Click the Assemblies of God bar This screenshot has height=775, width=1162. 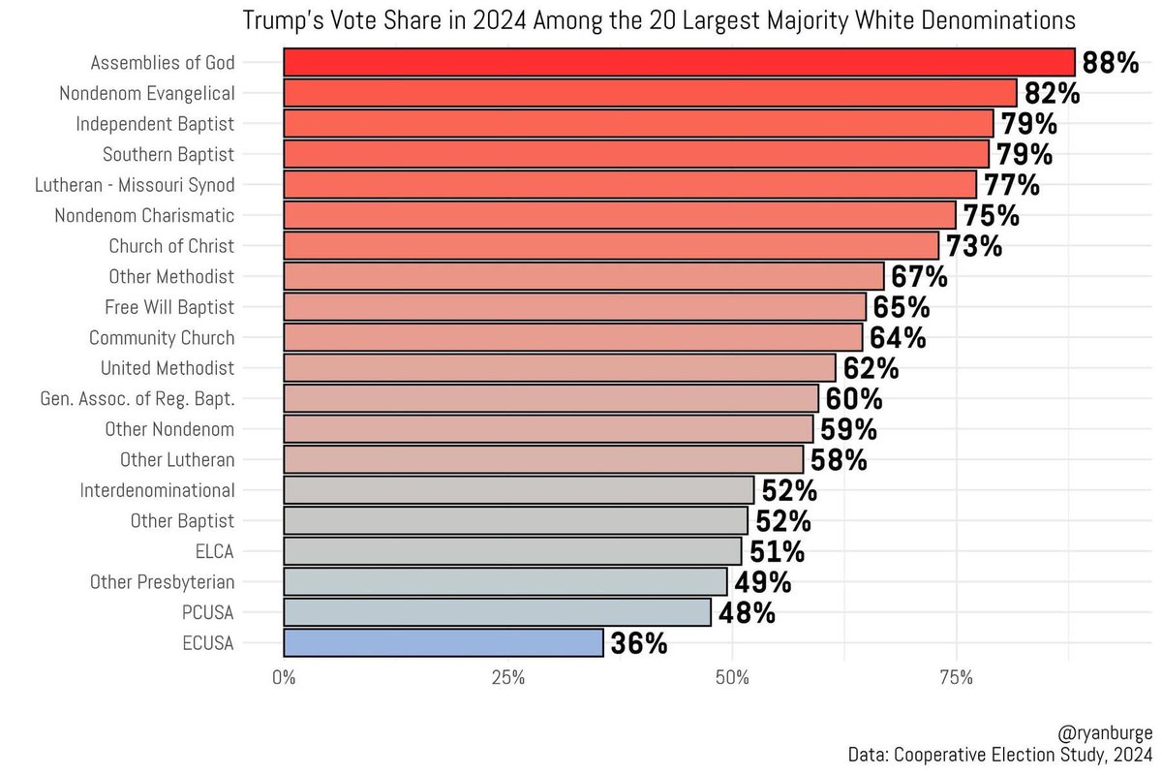click(x=679, y=62)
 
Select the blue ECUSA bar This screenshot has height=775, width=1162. click(x=443, y=642)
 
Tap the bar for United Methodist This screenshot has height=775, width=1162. click(x=560, y=368)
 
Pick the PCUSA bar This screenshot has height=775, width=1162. click(x=497, y=612)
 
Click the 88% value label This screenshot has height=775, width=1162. click(x=1110, y=63)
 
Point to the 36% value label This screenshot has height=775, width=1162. click(x=638, y=643)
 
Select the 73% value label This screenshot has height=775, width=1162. click(x=974, y=246)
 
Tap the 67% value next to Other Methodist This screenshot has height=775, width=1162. click(x=919, y=277)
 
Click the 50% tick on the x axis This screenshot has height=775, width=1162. click(x=732, y=677)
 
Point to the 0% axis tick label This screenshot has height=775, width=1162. click(x=284, y=677)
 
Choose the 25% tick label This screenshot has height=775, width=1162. click(x=507, y=677)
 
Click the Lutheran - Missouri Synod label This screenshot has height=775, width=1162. click(x=135, y=185)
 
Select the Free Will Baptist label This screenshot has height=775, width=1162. click(x=169, y=307)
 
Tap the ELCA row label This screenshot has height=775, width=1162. click(x=214, y=551)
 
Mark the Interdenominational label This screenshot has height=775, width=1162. click(x=157, y=490)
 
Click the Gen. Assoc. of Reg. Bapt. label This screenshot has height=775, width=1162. click(x=138, y=399)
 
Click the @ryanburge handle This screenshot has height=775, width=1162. click(x=1105, y=733)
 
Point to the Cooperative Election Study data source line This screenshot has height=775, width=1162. click(x=1000, y=755)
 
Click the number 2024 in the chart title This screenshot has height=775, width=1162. click(x=500, y=21)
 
